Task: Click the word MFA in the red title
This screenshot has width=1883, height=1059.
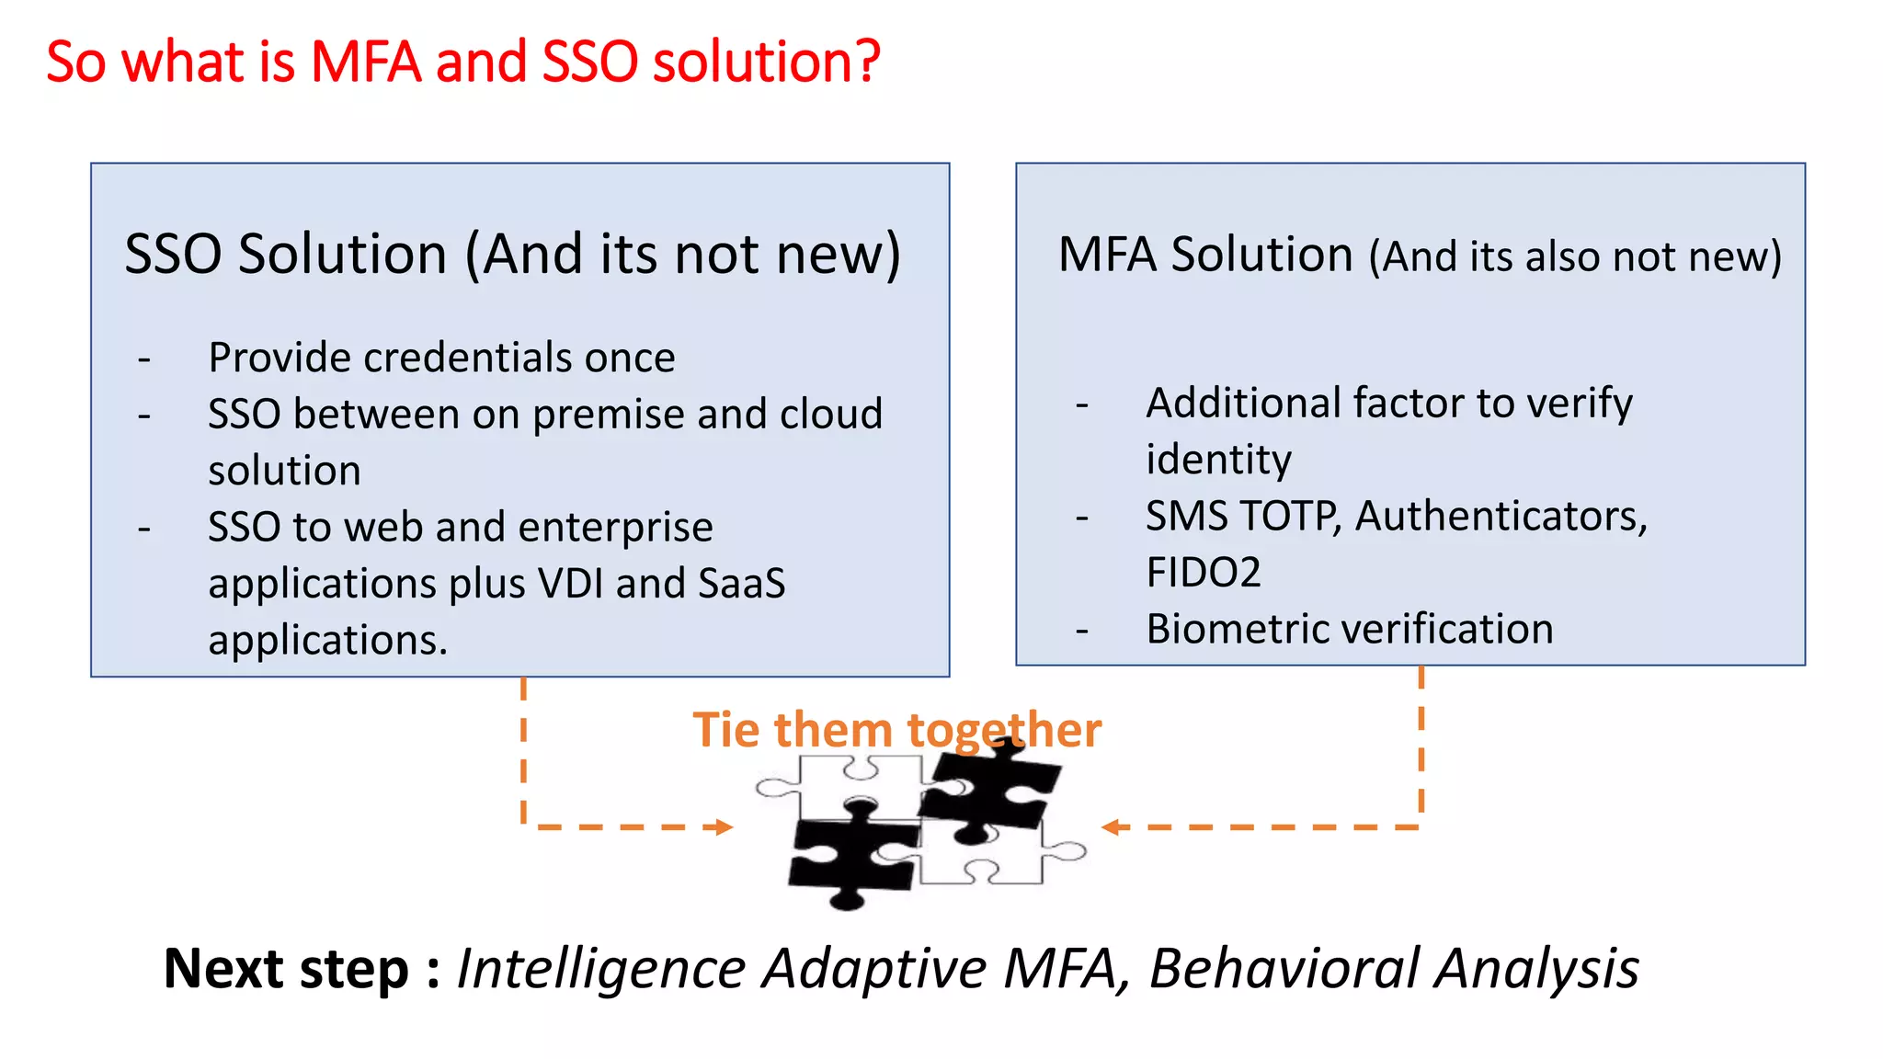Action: coord(365,63)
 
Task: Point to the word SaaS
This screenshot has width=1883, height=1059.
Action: coord(742,583)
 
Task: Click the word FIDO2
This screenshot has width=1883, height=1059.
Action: coord(1203,573)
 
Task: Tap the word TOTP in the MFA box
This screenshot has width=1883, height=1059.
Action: coord(1289,517)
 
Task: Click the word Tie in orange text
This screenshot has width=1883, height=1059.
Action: coord(726,730)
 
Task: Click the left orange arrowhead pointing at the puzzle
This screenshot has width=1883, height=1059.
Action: coord(725,827)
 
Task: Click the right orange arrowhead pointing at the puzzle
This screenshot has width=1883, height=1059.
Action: coord(1111,827)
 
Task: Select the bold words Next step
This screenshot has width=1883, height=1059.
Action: coord(286,969)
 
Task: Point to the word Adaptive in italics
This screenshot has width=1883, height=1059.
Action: coord(874,969)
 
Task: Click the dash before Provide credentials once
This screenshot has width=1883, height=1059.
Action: coord(144,359)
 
